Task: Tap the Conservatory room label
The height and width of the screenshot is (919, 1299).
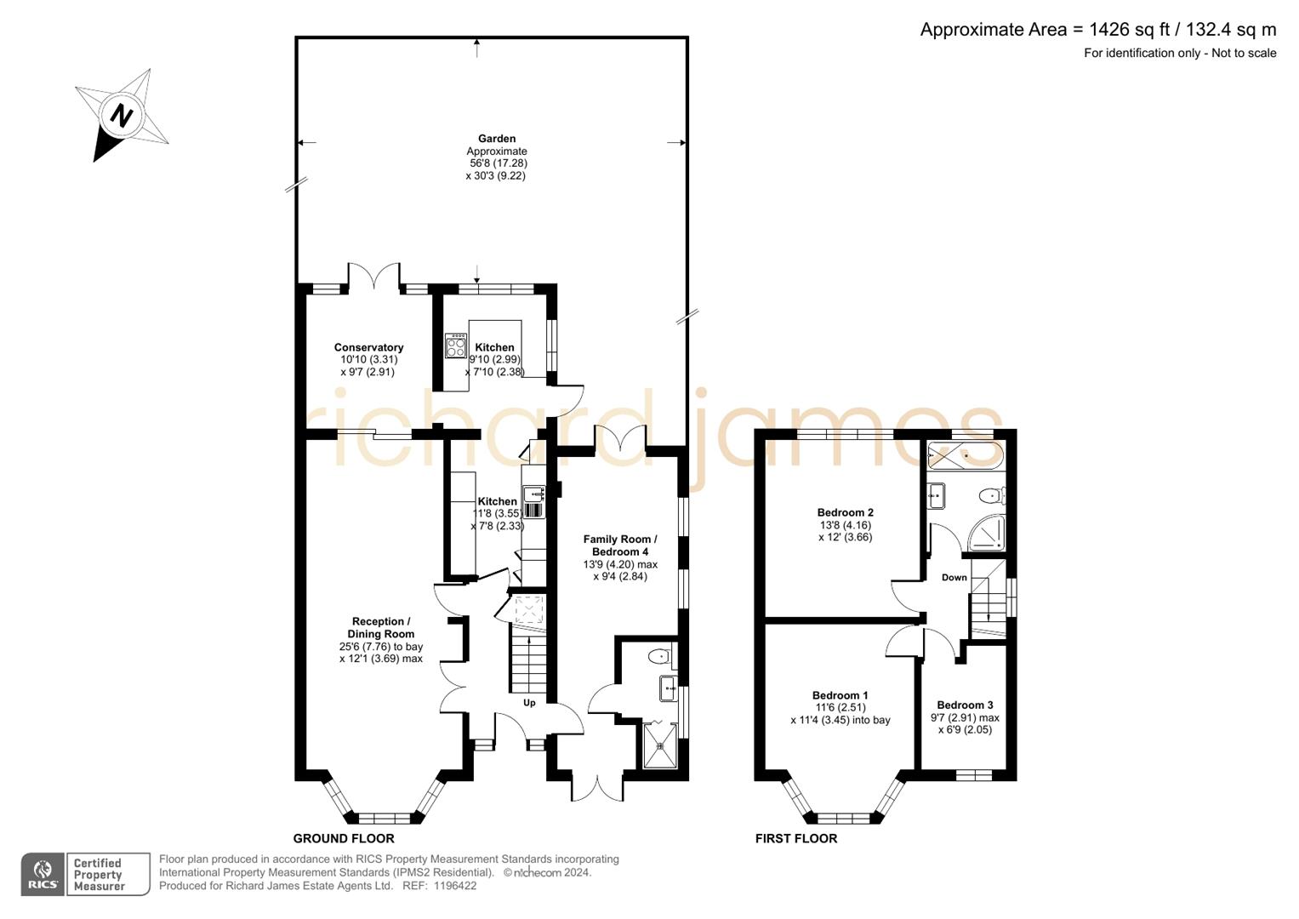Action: tap(368, 347)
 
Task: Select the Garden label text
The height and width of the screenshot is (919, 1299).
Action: tap(496, 139)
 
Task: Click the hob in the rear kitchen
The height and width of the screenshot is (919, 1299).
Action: tap(456, 345)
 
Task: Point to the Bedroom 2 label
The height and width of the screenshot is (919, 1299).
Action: tap(845, 512)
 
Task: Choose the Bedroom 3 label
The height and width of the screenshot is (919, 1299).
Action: tap(965, 705)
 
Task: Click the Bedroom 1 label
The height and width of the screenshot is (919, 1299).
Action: tap(840, 695)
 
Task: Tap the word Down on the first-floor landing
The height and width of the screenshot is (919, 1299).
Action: tap(954, 578)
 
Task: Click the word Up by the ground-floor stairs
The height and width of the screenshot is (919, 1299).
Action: tap(529, 703)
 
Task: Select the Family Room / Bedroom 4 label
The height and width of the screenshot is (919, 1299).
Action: tap(620, 545)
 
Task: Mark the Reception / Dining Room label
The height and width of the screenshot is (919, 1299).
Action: tap(380, 628)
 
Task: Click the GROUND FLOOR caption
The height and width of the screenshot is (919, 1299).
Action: tap(344, 839)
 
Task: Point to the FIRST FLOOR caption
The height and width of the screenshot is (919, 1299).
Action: tap(795, 839)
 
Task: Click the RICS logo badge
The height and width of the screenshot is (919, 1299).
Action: tap(43, 874)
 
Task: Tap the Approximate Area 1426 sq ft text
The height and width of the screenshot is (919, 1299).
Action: tap(1097, 30)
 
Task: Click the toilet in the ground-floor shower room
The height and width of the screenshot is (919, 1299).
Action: tap(658, 656)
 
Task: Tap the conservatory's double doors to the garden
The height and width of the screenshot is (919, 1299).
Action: tap(374, 277)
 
